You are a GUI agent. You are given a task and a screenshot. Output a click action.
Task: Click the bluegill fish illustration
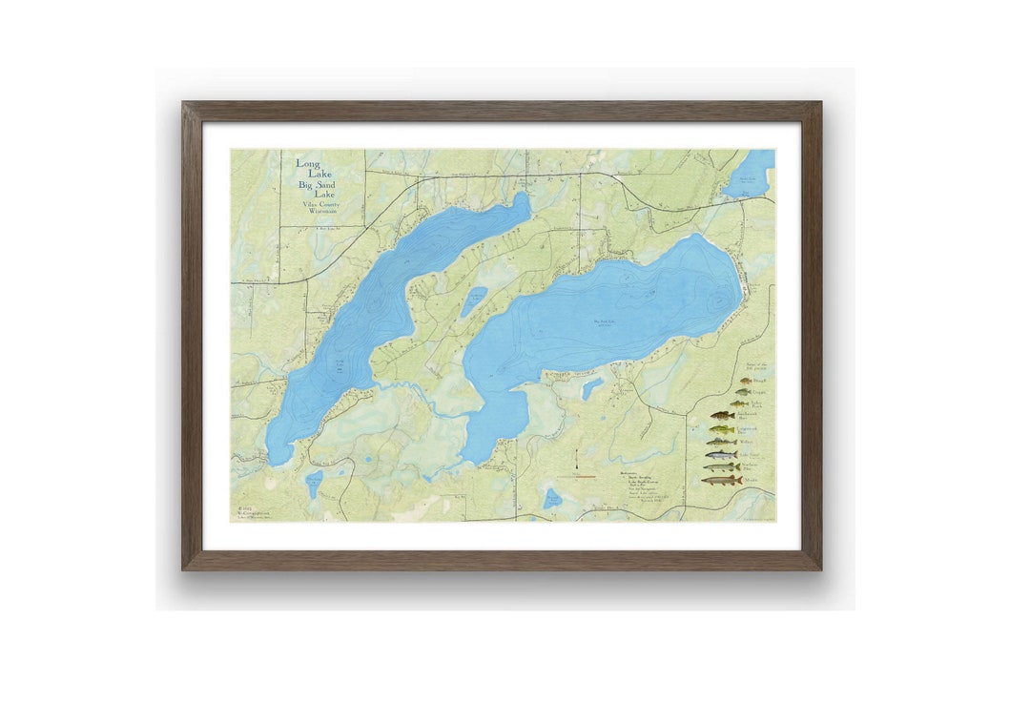[746, 381]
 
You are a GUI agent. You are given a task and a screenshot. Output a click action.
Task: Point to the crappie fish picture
[743, 392]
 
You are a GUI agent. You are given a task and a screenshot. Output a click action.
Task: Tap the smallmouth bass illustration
[722, 416]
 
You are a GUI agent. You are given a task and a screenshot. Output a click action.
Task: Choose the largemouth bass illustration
[722, 430]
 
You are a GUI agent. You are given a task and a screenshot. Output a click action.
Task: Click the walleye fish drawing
[722, 443]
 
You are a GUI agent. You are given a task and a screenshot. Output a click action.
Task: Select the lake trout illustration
[722, 455]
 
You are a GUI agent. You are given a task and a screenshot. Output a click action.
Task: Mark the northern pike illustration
[722, 467]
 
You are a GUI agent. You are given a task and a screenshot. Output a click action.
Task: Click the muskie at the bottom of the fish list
[722, 480]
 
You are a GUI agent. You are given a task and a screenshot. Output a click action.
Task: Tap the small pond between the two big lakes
[474, 301]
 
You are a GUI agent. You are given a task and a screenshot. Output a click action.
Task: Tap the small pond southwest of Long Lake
[314, 484]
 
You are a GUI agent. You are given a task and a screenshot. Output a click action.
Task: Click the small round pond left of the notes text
[551, 498]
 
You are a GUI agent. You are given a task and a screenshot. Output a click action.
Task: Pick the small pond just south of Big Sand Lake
[592, 386]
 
